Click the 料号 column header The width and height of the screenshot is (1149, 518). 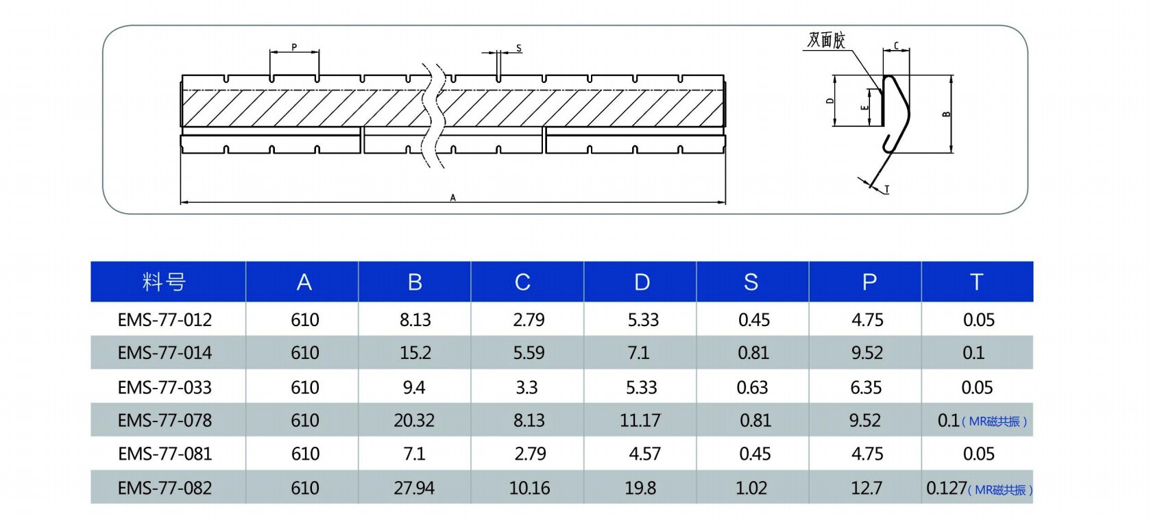(164, 282)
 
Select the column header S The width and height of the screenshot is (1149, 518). (751, 282)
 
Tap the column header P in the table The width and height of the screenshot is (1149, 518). (869, 282)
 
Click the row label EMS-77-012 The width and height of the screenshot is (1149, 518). (165, 320)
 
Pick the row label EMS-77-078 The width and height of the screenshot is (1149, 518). (165, 421)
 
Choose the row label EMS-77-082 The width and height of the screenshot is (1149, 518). (165, 488)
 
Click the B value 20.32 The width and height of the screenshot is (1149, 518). (414, 421)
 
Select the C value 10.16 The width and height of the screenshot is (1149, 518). (529, 488)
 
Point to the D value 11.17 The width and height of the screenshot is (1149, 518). (640, 421)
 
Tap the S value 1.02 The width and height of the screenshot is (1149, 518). (751, 488)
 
